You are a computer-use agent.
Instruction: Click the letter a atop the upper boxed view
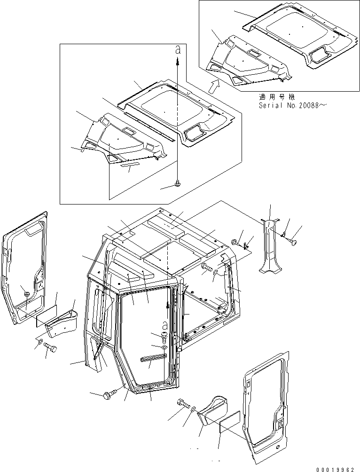tap(177, 50)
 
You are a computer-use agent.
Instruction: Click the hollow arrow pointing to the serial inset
tap(214, 86)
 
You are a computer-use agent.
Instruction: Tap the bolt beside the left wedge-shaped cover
tap(50, 348)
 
